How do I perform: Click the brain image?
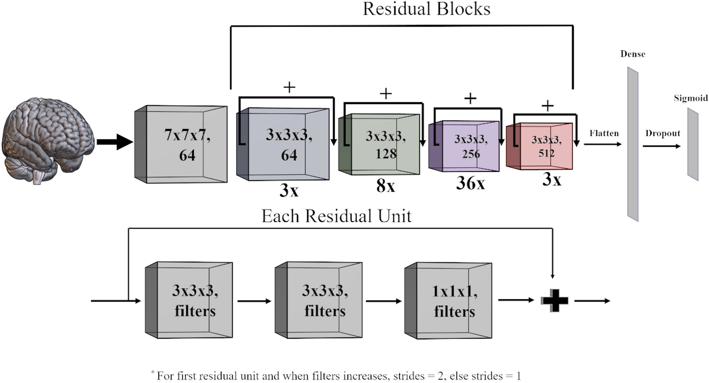tap(48, 140)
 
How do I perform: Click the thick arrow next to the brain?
tap(115, 142)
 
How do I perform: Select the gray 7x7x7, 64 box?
tap(181, 144)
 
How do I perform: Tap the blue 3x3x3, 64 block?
tap(283, 144)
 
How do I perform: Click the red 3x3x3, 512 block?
tap(540, 146)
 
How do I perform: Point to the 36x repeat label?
tap(470, 183)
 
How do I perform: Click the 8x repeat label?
tap(385, 186)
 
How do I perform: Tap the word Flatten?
tap(604, 133)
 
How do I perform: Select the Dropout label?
tap(663, 133)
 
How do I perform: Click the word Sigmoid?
tap(691, 98)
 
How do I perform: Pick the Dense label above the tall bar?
tap(632, 54)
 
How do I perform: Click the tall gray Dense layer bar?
tap(632, 144)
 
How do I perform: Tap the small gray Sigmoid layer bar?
tap(693, 145)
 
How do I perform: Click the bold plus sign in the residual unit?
tap(555, 300)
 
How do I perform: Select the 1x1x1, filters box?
tap(449, 300)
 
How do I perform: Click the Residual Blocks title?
tap(426, 9)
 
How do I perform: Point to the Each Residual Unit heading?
tap(336, 216)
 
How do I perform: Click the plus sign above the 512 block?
tap(547, 106)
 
